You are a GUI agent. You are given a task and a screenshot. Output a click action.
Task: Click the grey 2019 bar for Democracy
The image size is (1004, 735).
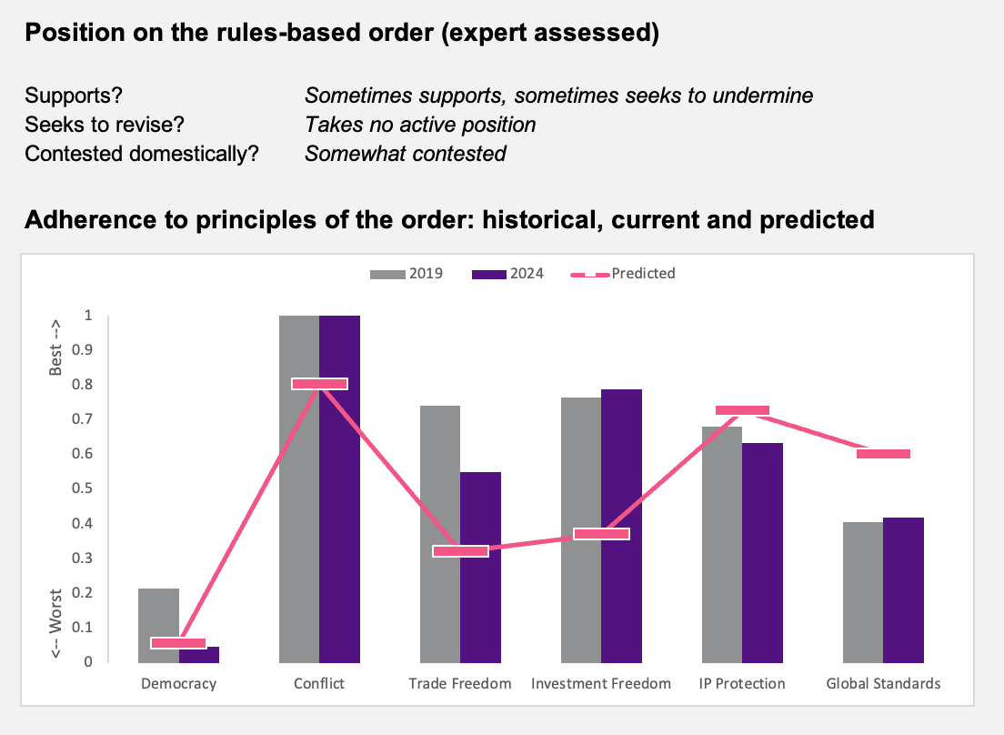point(159,625)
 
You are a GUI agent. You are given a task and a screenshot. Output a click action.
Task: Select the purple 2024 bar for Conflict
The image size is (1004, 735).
point(339,489)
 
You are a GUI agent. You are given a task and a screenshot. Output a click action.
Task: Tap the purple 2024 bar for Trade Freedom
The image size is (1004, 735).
point(480,568)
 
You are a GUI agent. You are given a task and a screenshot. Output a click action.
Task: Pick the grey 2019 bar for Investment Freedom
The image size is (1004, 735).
point(581,530)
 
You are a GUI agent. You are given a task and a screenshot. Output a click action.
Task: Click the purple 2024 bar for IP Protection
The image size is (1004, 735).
point(763,552)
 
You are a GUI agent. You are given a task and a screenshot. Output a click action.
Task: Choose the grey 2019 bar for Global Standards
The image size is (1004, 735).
point(863,592)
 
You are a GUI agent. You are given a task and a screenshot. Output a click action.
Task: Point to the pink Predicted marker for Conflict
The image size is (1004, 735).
point(319,384)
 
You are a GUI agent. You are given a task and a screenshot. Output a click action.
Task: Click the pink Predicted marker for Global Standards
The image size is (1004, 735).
point(884,454)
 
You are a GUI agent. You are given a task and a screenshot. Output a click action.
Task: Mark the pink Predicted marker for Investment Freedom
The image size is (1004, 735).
point(601,534)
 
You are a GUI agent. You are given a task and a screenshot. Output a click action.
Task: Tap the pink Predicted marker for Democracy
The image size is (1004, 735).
point(178,643)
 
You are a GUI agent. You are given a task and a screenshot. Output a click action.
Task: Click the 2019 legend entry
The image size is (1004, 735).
point(407,274)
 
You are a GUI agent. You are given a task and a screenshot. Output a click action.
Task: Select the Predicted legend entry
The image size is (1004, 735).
point(623,274)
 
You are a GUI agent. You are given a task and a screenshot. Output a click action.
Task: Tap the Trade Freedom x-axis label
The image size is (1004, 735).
point(460,684)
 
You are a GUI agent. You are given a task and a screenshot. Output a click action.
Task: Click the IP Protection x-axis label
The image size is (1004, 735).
point(742,684)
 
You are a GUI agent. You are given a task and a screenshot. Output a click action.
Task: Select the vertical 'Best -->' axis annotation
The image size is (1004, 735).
point(55,347)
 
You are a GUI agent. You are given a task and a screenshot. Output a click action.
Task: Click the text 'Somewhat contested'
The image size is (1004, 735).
point(406,154)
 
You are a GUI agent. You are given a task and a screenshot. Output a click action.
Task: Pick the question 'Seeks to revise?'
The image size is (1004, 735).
point(105,125)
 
